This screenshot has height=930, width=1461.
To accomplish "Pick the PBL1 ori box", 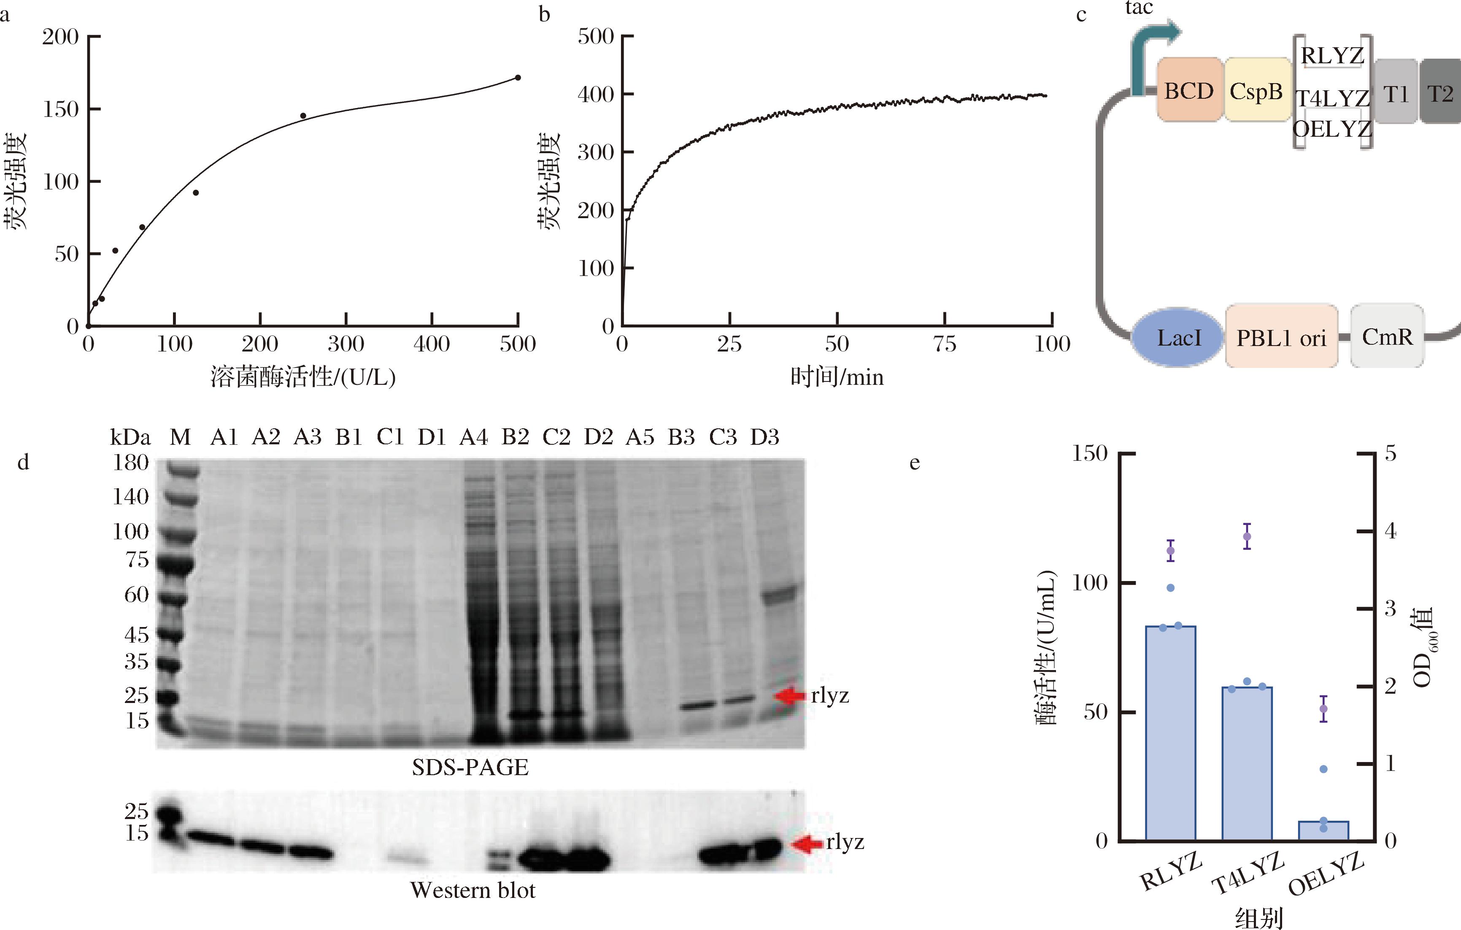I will tap(1281, 337).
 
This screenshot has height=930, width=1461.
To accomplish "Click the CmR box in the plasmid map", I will tap(1387, 336).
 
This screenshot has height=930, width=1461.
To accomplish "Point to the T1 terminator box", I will tap(1396, 93).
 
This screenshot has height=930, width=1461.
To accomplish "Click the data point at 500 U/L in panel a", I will tap(518, 78).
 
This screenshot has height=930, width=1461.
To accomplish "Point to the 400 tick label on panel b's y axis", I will tap(596, 94).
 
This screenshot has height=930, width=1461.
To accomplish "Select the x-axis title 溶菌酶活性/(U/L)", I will tap(303, 377).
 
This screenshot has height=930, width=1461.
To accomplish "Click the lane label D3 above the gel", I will tap(764, 437).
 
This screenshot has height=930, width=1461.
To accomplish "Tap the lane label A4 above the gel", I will tap(473, 437).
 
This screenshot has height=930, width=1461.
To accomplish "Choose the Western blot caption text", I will tap(473, 890).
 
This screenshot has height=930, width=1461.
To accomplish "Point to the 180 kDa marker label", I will tap(130, 463).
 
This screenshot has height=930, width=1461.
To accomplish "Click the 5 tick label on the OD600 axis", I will tap(1390, 453).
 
